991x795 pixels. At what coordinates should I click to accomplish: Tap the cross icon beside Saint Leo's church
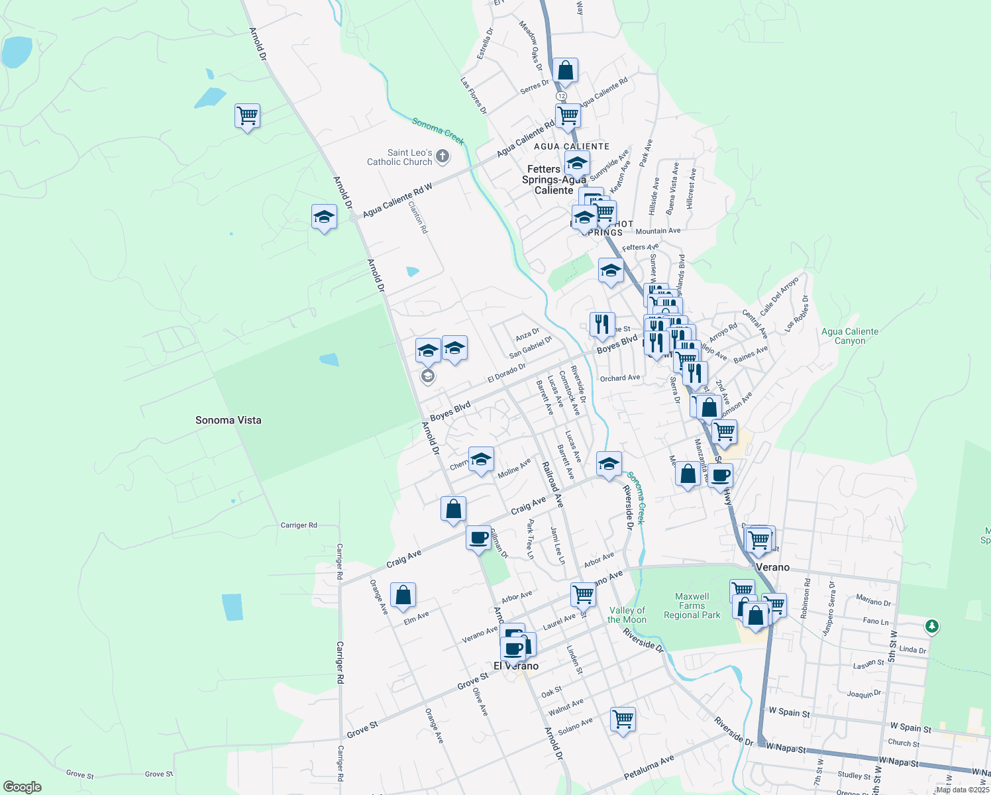[x=443, y=157]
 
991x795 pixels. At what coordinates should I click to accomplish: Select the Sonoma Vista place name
[x=229, y=420]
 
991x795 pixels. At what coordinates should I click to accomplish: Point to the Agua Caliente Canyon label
[x=850, y=337]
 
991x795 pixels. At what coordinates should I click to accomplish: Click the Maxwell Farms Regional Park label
[x=692, y=606]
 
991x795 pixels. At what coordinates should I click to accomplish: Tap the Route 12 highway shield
[x=562, y=96]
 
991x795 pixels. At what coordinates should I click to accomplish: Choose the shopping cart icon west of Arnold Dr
[x=247, y=116]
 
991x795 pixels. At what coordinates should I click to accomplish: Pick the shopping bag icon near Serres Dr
[x=565, y=70]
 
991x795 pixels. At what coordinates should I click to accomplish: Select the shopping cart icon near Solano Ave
[x=623, y=718]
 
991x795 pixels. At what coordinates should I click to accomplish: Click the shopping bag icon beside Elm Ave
[x=403, y=596]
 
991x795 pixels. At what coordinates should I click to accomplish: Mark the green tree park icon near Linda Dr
[x=932, y=625]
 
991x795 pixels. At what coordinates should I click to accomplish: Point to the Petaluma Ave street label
[x=649, y=767]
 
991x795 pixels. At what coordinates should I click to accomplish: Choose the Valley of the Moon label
[x=627, y=615]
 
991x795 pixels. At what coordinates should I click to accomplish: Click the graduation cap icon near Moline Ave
[x=481, y=460]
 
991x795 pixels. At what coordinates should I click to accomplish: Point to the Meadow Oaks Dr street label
[x=531, y=46]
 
